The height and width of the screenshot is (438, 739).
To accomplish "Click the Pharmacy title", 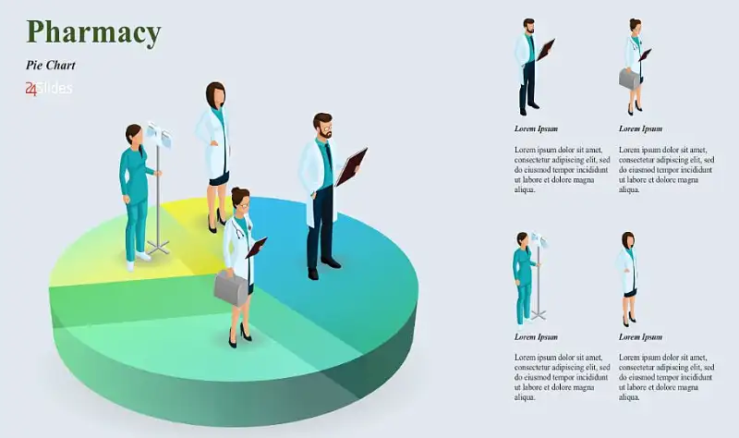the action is click(x=94, y=32).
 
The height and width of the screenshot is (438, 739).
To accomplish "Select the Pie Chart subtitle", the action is click(x=51, y=65).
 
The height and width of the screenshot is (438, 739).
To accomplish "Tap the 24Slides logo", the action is click(x=49, y=88).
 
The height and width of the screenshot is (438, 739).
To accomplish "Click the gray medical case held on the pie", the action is click(x=231, y=288).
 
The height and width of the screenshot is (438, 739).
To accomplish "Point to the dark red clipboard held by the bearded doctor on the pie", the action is click(x=351, y=167).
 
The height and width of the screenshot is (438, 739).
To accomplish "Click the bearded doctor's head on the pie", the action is click(x=322, y=126).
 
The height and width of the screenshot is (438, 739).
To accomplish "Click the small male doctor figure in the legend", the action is click(x=533, y=67).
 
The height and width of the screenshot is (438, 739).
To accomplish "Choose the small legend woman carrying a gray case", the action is click(x=634, y=67).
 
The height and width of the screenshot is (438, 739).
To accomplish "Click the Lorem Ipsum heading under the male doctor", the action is click(x=536, y=128).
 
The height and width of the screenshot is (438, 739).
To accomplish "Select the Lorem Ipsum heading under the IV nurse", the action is click(x=536, y=336).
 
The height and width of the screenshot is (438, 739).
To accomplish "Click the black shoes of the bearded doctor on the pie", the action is click(x=323, y=268).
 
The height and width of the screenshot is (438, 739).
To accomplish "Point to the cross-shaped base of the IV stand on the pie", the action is click(x=158, y=248).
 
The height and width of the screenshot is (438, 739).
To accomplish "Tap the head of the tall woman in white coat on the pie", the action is click(x=215, y=95).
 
